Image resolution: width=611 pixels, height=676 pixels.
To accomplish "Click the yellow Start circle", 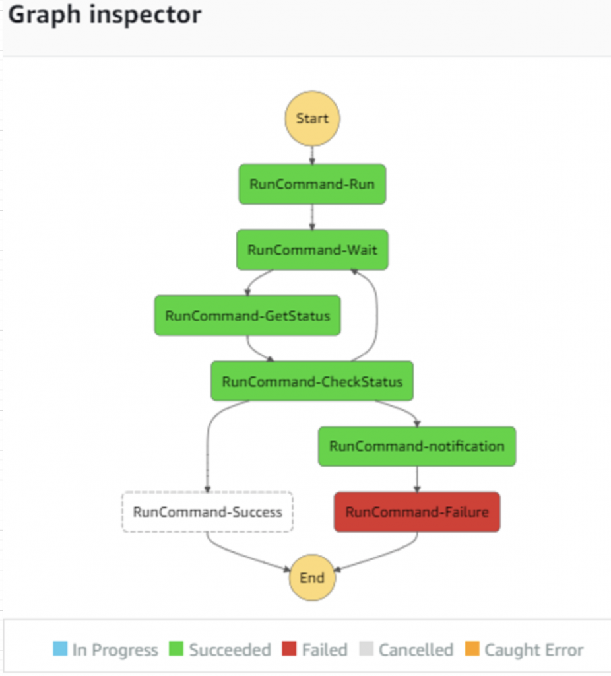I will pyautogui.click(x=312, y=118).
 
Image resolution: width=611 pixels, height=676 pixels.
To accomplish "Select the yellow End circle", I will pyautogui.click(x=312, y=578).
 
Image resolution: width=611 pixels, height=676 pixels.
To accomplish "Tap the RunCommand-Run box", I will pyautogui.click(x=312, y=184).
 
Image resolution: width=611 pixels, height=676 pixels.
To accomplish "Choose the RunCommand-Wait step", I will pyautogui.click(x=312, y=250).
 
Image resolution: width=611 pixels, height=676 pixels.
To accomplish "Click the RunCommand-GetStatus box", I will pyautogui.click(x=247, y=315).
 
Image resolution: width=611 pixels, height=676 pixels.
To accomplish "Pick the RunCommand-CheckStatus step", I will pyautogui.click(x=312, y=381).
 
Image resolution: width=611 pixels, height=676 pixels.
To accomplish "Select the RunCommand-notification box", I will pyautogui.click(x=416, y=446).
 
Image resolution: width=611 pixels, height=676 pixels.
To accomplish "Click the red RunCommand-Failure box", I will pyautogui.click(x=416, y=512).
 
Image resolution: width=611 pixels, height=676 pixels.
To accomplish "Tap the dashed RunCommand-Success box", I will pyautogui.click(x=207, y=512).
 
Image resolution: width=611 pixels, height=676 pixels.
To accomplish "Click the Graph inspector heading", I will pyautogui.click(x=105, y=15).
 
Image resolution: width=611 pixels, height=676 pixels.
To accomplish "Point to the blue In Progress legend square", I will pyautogui.click(x=60, y=649).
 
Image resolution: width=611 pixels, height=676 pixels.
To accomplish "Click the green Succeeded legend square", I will pyautogui.click(x=177, y=649).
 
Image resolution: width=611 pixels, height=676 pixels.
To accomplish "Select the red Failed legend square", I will pyautogui.click(x=290, y=649).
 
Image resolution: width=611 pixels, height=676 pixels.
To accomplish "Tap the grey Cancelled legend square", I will pyautogui.click(x=366, y=649).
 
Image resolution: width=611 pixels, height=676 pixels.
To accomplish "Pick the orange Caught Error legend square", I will pyautogui.click(x=472, y=649).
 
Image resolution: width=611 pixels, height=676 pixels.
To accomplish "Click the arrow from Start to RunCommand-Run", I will pyautogui.click(x=312, y=154).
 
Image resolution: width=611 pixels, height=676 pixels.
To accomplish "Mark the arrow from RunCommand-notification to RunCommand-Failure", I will pyautogui.click(x=416, y=479).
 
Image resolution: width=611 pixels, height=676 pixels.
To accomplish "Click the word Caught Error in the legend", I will pyautogui.click(x=533, y=650).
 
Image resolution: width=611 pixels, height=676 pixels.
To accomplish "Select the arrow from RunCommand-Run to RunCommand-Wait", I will pyautogui.click(x=312, y=217).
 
